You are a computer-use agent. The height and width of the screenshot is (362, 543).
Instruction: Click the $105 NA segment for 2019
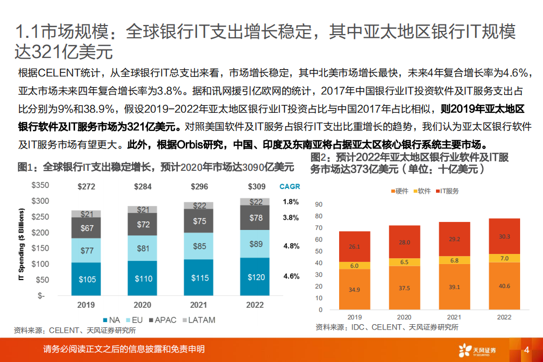tap(86, 278)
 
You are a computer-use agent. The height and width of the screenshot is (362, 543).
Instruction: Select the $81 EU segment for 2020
tap(143, 248)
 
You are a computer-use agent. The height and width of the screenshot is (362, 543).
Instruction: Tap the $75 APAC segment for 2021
tap(199, 221)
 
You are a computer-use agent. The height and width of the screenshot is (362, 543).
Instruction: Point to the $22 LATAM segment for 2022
tap(256, 202)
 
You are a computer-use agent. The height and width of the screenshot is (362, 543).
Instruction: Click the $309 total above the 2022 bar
tap(256, 187)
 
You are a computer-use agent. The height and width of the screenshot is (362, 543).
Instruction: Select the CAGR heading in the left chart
tap(290, 187)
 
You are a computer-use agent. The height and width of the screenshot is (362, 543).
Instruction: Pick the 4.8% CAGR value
tap(291, 246)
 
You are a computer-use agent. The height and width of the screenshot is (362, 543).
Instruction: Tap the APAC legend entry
tap(164, 319)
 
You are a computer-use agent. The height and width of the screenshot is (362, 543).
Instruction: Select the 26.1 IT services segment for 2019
tap(354, 246)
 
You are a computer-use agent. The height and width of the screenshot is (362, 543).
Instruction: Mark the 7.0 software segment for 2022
tap(504, 258)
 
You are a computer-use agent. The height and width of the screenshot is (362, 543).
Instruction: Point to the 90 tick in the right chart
tap(319, 204)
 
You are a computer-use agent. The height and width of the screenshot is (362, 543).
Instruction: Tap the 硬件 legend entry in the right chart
tap(399, 191)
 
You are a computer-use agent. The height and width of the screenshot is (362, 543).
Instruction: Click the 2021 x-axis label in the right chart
tap(454, 317)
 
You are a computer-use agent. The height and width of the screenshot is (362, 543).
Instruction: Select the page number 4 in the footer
tap(526, 350)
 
